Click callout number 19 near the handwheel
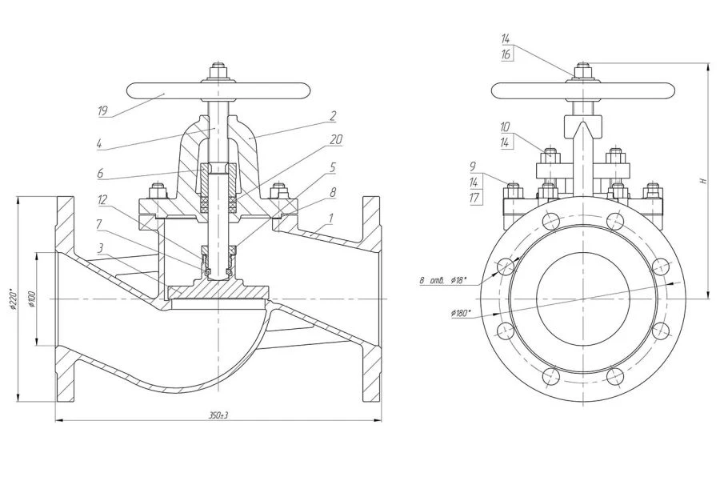(x=103, y=112)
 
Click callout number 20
(x=336, y=139)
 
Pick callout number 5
(x=333, y=168)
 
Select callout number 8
(x=333, y=192)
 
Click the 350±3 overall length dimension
(x=214, y=415)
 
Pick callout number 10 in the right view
(x=506, y=126)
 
